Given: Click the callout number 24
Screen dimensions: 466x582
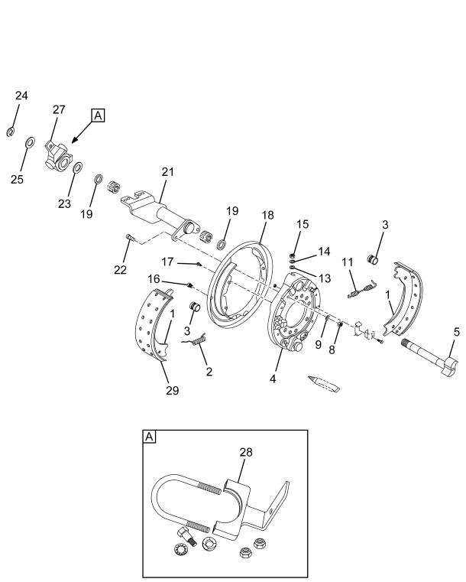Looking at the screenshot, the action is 21,96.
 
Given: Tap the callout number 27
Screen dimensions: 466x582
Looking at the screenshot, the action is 59,110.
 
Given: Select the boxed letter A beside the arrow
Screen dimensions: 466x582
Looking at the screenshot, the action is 98,115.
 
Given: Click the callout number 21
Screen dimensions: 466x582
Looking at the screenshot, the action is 167,172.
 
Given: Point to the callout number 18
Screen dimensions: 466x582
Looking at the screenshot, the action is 267,215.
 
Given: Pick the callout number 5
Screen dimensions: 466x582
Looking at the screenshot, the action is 456,332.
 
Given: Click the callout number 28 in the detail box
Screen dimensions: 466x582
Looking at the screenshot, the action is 246,452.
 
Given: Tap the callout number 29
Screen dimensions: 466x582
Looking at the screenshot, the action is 172,391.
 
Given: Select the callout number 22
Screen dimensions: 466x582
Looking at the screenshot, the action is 120,270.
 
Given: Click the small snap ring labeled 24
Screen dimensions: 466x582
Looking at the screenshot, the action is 10,132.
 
